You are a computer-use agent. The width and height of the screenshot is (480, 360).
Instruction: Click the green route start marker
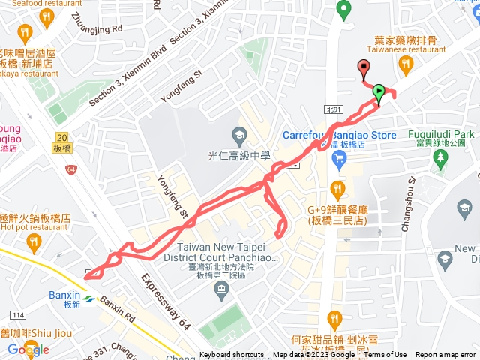click(379, 93)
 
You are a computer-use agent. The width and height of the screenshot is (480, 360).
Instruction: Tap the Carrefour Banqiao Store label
click(339, 135)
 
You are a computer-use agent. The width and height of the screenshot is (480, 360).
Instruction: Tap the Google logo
click(28, 349)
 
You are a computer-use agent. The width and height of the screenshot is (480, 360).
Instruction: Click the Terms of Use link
click(385, 355)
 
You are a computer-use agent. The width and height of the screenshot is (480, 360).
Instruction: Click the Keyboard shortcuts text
click(232, 355)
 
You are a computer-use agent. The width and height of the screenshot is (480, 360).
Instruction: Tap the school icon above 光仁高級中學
click(239, 136)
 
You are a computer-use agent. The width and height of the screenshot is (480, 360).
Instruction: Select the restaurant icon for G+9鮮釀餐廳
click(337, 187)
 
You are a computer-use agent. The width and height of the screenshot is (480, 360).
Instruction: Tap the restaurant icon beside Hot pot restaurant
click(32, 241)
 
